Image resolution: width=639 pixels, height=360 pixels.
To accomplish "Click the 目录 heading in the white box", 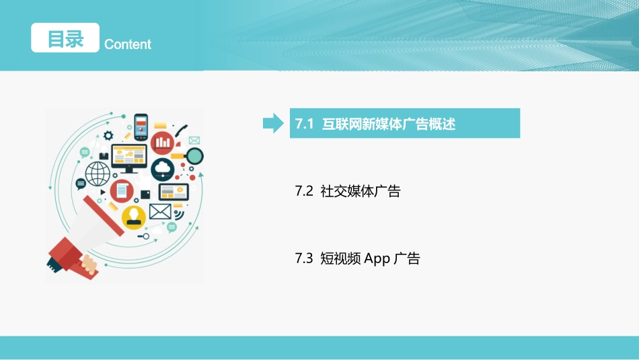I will [x=65, y=38].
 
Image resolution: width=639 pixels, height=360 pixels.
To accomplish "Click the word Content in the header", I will [x=128, y=44].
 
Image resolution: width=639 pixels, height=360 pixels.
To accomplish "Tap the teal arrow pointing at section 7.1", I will [x=272, y=123].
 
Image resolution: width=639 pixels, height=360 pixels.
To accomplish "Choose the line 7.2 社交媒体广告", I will [x=348, y=192].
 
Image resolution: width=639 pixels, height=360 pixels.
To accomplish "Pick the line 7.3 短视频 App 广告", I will [x=357, y=258].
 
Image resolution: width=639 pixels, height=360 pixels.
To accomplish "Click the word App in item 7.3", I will [x=377, y=259].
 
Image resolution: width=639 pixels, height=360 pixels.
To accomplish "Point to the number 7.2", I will [x=304, y=192].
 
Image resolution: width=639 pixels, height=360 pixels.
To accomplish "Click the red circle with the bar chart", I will [x=163, y=142].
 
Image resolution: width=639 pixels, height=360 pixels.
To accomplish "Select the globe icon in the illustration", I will [x=97, y=174].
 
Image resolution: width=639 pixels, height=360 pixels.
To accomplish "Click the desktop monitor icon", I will [x=129, y=158].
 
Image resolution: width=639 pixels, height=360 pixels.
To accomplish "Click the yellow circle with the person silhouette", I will [x=134, y=217].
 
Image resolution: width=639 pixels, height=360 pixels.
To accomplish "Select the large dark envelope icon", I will [x=160, y=211].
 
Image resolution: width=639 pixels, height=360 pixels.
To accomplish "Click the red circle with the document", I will [x=122, y=191].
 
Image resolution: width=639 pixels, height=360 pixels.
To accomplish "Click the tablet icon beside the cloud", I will [x=174, y=192].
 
